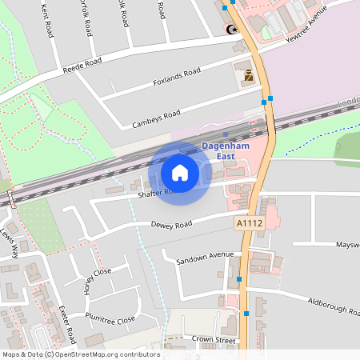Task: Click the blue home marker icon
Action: [180, 172]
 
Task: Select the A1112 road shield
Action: [249, 223]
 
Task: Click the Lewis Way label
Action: [10, 243]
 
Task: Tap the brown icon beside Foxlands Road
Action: [248, 76]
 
